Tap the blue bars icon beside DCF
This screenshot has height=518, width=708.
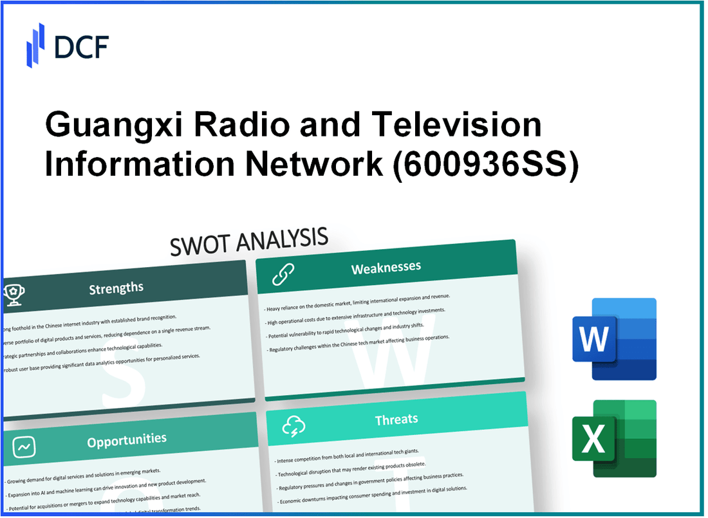[x=35, y=44]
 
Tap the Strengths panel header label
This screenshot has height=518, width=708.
[x=116, y=288]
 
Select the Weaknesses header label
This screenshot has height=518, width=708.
[x=386, y=267]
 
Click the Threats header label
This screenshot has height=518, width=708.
[x=396, y=420]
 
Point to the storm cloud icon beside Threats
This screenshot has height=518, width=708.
[x=293, y=425]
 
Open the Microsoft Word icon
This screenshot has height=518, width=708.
[x=614, y=339]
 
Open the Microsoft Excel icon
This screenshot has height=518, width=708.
[x=614, y=439]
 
